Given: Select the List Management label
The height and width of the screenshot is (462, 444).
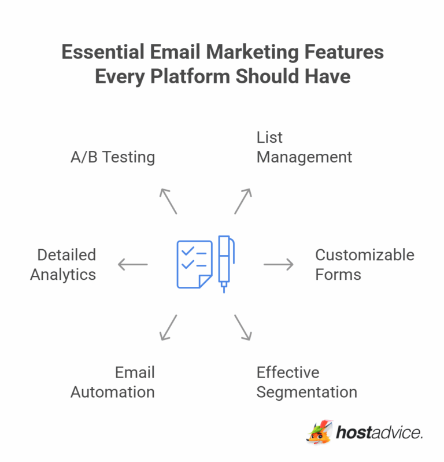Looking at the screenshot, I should click(x=304, y=147).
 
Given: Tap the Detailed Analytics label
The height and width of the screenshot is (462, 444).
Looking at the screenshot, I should click(x=63, y=265).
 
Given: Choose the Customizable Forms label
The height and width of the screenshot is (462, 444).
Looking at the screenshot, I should click(x=364, y=265).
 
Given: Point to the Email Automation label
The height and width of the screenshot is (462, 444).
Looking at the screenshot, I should click(x=113, y=382).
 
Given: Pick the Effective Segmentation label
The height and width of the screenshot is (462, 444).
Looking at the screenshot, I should click(x=306, y=382).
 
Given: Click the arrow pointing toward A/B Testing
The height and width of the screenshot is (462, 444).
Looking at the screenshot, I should click(x=168, y=201).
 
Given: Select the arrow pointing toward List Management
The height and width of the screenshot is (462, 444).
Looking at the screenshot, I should click(x=243, y=201).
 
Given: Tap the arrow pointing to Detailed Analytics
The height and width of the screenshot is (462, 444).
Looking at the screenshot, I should click(x=133, y=265).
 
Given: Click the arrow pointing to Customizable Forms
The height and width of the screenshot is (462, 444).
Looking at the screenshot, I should click(x=279, y=265).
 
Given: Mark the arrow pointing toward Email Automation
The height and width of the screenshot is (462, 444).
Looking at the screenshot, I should click(x=168, y=327).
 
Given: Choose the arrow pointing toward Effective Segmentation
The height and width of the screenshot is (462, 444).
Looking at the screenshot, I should click(x=243, y=327).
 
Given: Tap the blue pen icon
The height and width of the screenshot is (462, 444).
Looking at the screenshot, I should click(x=224, y=263).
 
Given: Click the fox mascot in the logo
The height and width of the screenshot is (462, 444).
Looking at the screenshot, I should click(x=320, y=433).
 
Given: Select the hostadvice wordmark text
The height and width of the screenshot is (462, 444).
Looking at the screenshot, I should click(x=379, y=433).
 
